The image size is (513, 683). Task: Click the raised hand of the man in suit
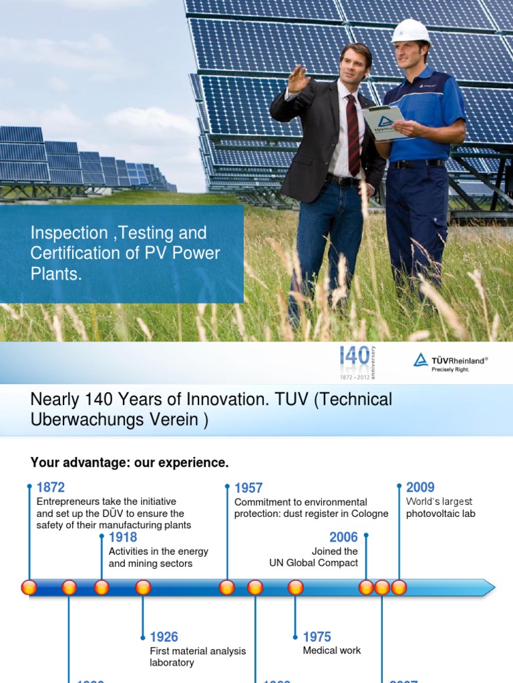click(298, 79)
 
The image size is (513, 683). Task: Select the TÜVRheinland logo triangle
click(421, 360)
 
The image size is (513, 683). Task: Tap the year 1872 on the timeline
click(51, 488)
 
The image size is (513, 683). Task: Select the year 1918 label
click(123, 537)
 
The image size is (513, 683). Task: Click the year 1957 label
click(248, 488)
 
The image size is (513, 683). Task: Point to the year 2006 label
click(343, 537)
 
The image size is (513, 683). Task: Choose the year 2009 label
click(420, 488)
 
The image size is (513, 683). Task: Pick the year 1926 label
click(164, 637)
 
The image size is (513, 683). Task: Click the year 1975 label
click(317, 637)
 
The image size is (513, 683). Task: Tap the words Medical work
click(332, 650)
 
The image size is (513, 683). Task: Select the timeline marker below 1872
click(29, 588)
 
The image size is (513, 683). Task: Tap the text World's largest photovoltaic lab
click(440, 508)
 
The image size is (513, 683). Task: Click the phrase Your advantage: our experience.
click(130, 462)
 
